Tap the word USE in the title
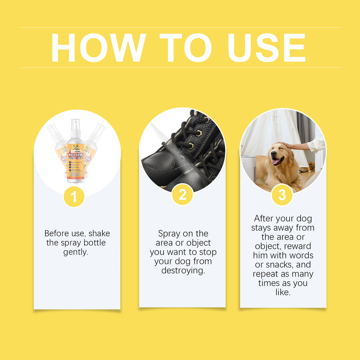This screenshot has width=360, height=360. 266,48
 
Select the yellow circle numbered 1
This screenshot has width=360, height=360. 74,197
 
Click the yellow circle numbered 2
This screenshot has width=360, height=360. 182,194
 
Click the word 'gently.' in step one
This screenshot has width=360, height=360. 76,252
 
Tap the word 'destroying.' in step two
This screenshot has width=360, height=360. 183,271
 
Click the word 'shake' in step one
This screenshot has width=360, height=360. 99,233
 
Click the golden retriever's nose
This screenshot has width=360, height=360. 273,154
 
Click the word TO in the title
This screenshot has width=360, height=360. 185,48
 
